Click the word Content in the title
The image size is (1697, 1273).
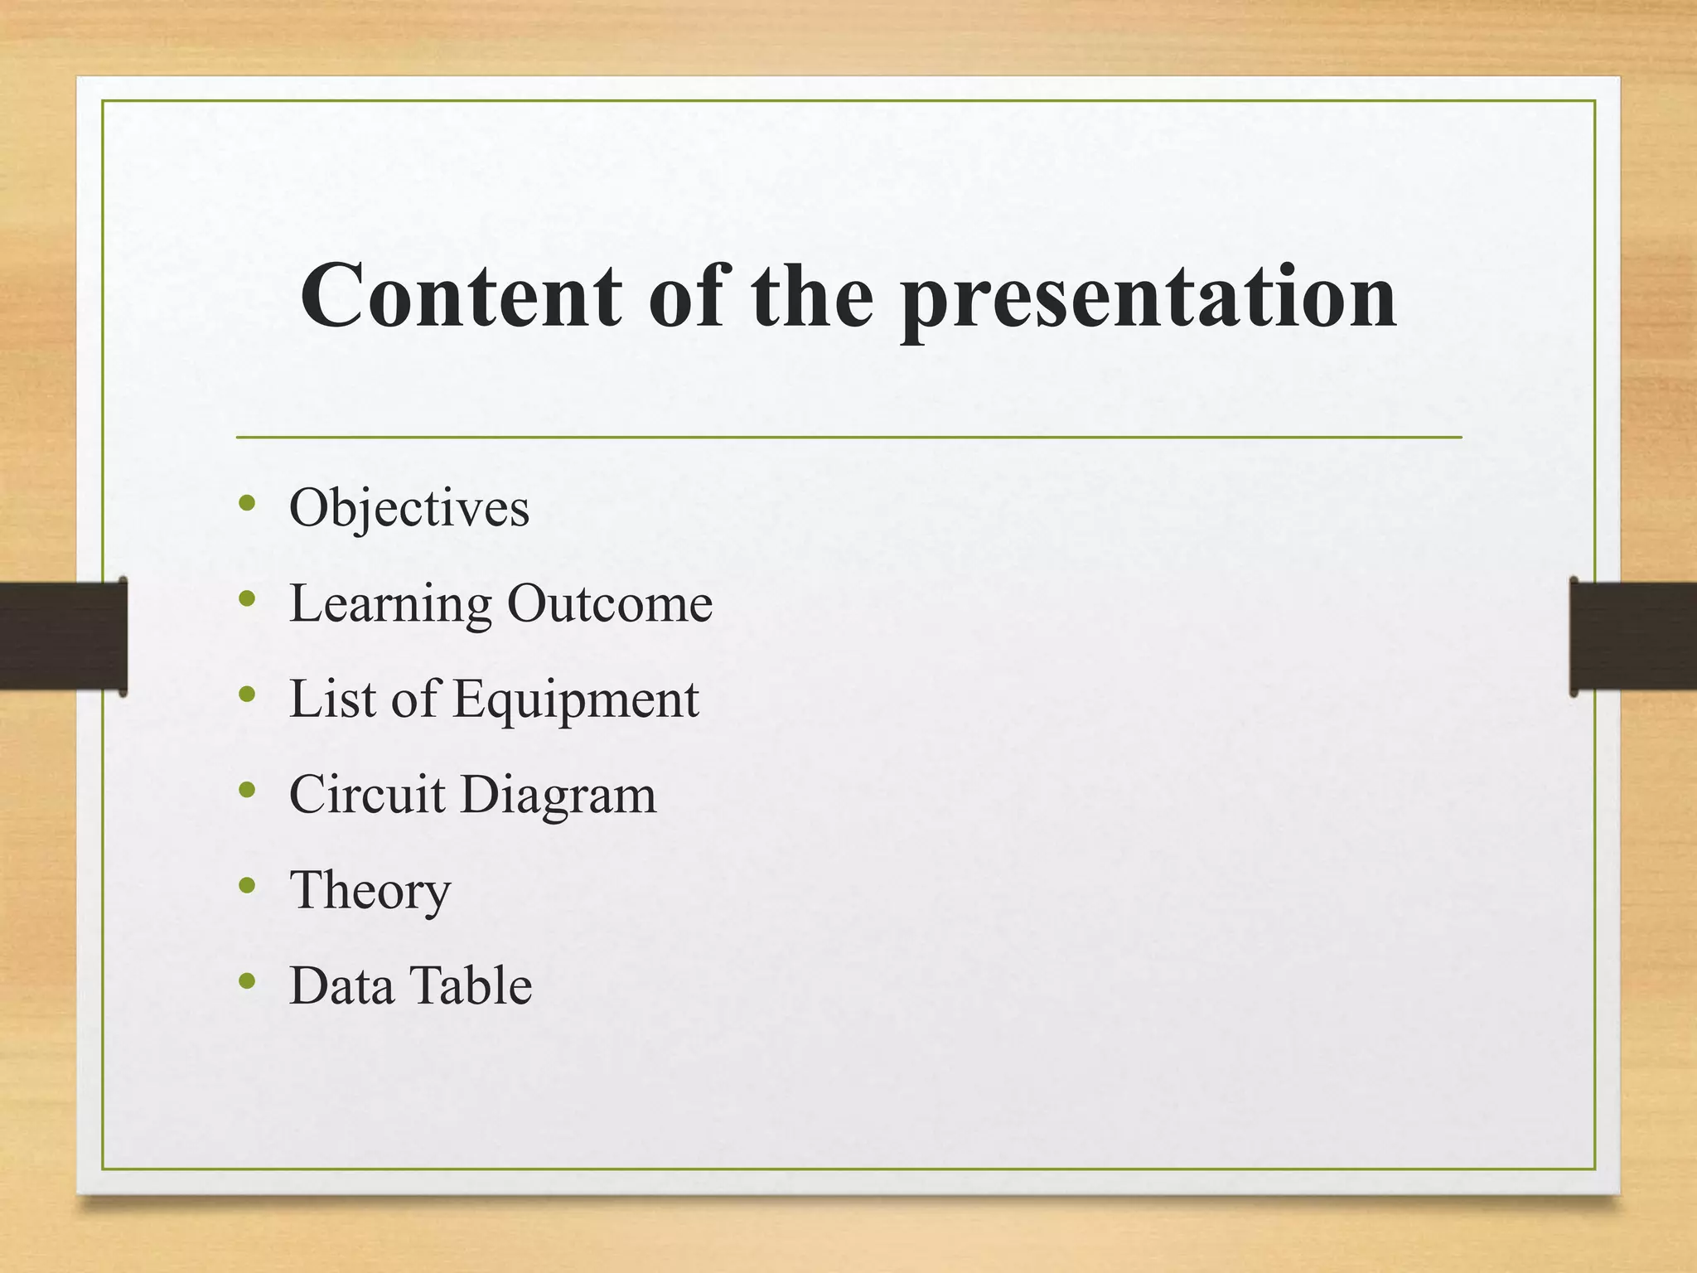[461, 297]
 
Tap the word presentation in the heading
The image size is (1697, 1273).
[1148, 298]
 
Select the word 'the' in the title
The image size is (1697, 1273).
[812, 297]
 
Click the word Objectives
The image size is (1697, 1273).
[409, 508]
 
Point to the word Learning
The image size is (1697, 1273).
[390, 604]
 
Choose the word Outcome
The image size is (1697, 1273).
[609, 603]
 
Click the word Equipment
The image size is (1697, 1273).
[576, 700]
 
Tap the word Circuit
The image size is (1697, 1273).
[367, 795]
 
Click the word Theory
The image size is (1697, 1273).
[370, 892]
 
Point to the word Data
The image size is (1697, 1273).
[341, 986]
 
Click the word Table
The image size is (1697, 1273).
[471, 986]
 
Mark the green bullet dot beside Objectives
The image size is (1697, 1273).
[246, 502]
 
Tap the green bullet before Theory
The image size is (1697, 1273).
[246, 885]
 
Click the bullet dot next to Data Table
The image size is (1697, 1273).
[246, 981]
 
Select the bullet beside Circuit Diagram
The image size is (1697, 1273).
[246, 790]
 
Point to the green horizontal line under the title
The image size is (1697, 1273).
[848, 437]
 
